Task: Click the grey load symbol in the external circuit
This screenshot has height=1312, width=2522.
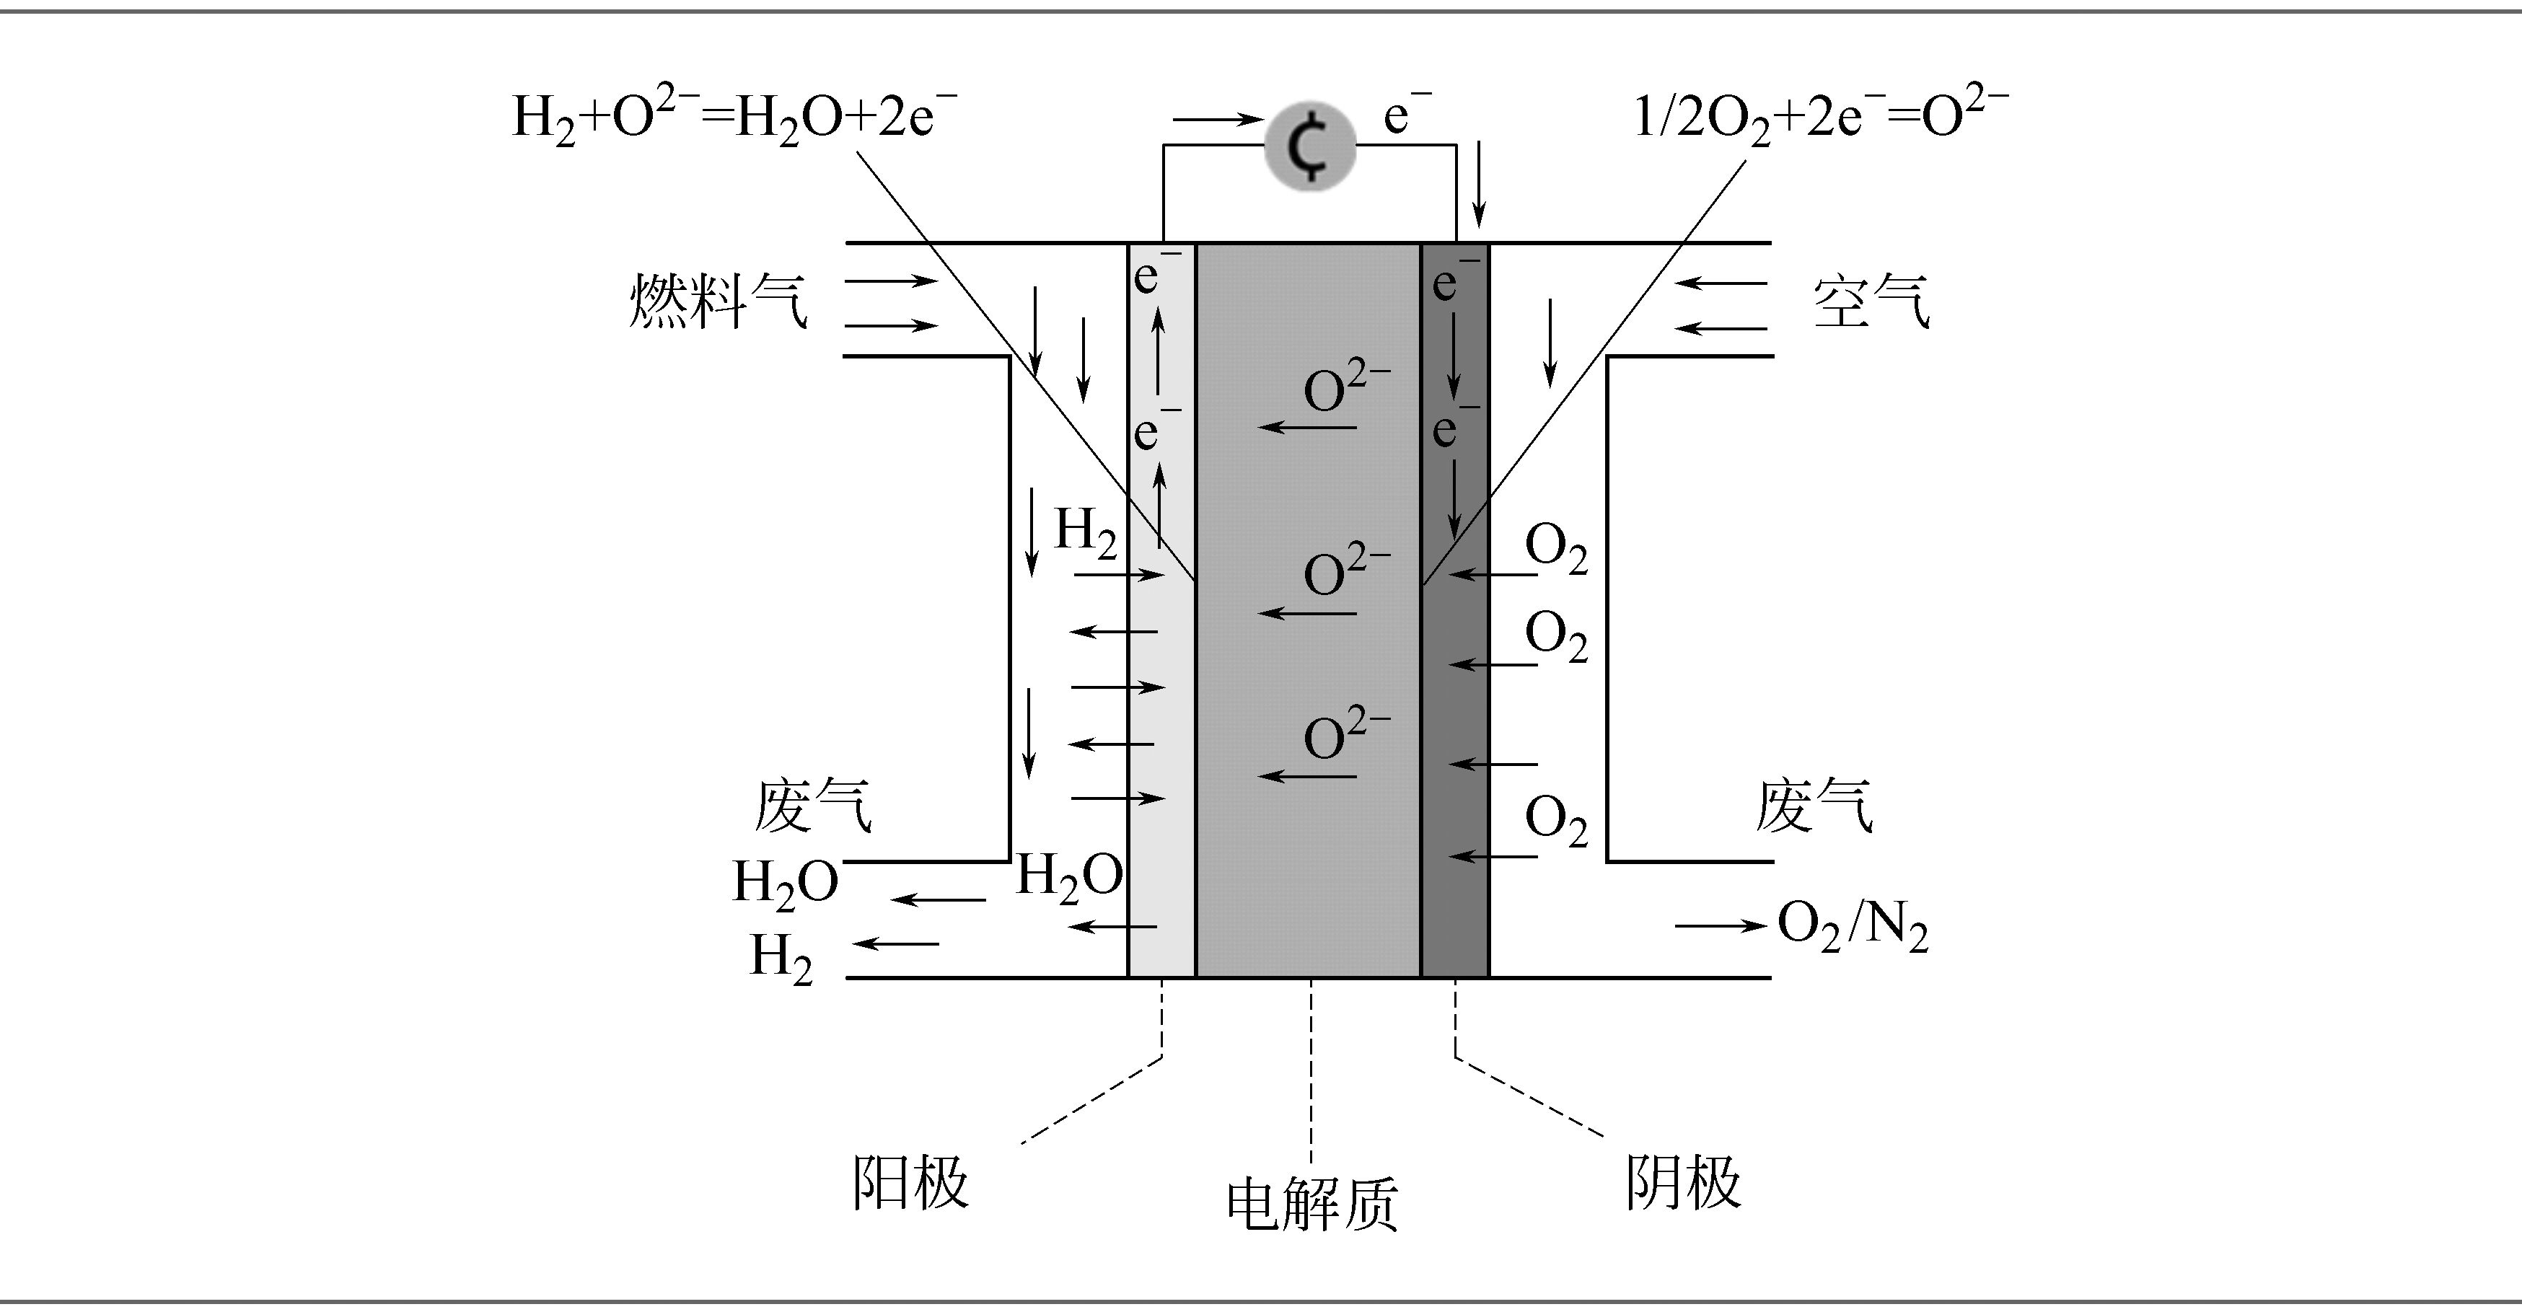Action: (1310, 145)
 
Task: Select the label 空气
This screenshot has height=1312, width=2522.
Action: (1871, 301)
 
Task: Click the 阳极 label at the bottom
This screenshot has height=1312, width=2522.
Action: (910, 1181)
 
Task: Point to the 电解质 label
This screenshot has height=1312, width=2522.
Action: (1312, 1203)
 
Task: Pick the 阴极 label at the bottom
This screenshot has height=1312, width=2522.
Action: (1684, 1181)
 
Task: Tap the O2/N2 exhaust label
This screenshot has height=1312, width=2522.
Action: (1853, 925)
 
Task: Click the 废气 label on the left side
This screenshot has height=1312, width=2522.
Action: (812, 805)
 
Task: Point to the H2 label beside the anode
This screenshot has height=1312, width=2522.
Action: (1085, 532)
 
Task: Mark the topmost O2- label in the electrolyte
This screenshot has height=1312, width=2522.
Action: (1346, 387)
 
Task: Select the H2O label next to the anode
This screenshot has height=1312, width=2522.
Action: (1069, 876)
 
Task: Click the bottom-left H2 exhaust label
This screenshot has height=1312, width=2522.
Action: (781, 959)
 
